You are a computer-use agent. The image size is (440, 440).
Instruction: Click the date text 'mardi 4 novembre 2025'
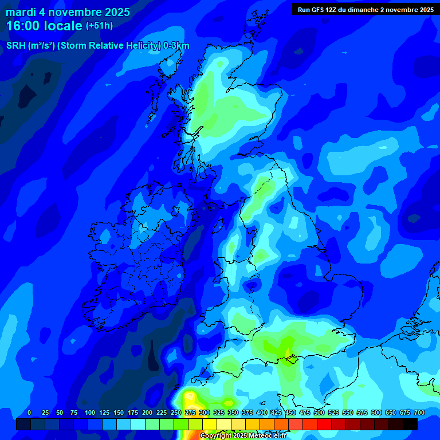click(68, 12)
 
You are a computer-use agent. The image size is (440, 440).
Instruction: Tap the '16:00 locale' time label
click(45, 26)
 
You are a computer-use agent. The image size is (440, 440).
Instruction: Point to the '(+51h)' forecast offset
click(99, 26)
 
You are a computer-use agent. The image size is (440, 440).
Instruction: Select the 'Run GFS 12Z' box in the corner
click(366, 9)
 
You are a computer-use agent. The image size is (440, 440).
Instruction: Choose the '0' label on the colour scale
click(29, 412)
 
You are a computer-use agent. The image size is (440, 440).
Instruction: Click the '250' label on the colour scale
click(176, 412)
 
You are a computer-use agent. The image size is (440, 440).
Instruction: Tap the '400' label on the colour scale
click(262, 412)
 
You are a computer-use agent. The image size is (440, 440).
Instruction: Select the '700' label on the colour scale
click(419, 412)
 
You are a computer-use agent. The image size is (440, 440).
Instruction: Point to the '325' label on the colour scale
click(219, 412)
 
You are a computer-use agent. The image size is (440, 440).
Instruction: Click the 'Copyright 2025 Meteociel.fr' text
click(242, 435)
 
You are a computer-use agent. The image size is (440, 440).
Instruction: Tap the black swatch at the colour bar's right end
click(410, 424)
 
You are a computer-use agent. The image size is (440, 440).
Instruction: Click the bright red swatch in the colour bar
click(324, 424)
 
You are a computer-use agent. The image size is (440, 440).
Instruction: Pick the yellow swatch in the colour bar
click(210, 424)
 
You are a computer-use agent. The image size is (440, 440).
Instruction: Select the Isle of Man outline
click(218, 225)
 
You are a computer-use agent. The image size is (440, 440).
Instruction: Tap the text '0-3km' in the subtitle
click(176, 46)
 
